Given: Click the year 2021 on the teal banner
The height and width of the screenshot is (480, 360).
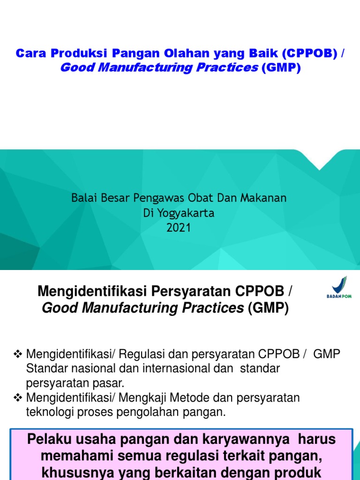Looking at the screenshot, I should tap(179, 228).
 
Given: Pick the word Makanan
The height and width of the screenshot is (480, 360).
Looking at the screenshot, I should tap(264, 198).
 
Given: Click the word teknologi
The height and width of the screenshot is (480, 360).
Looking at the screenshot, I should tap(49, 412).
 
